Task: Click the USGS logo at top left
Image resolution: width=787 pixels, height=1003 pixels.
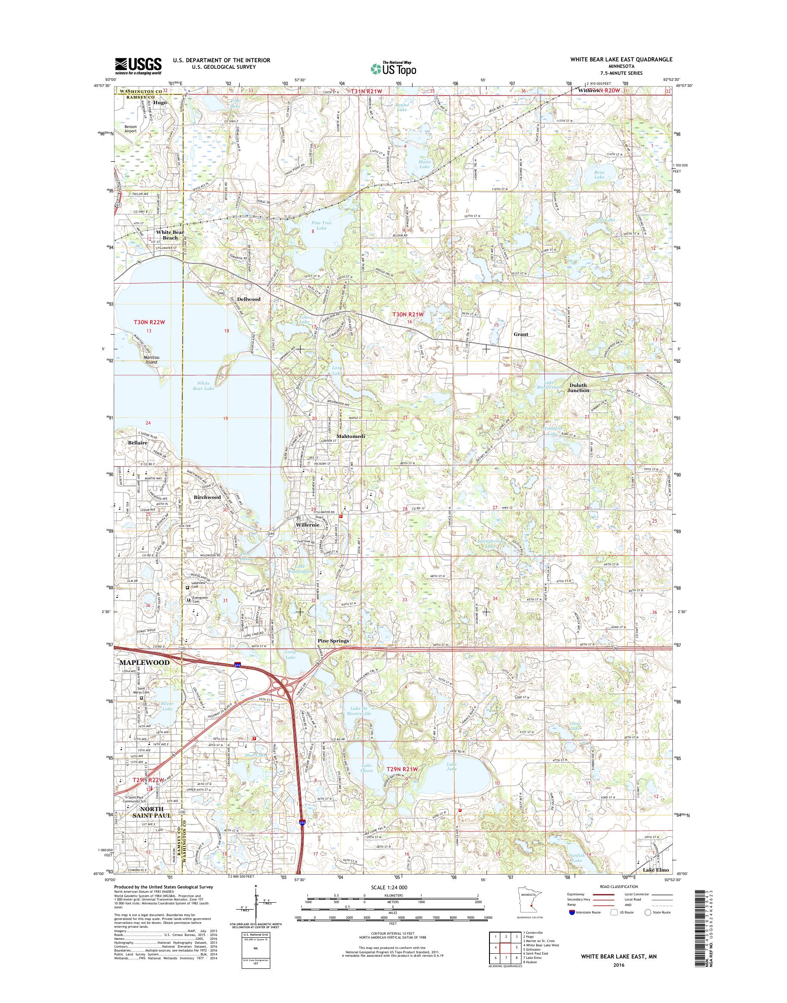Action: [x=138, y=65]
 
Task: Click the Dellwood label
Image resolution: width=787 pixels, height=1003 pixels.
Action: [x=249, y=299]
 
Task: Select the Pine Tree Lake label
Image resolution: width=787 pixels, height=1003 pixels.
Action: [x=321, y=225]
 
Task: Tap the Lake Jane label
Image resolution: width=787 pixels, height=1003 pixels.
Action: [x=451, y=767]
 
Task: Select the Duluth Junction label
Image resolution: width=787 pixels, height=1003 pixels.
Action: [x=578, y=387]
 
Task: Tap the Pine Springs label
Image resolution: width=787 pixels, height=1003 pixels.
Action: [x=333, y=641]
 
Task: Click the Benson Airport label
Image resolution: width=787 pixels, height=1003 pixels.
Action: [x=128, y=128]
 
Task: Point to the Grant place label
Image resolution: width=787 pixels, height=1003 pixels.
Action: [x=521, y=334]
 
